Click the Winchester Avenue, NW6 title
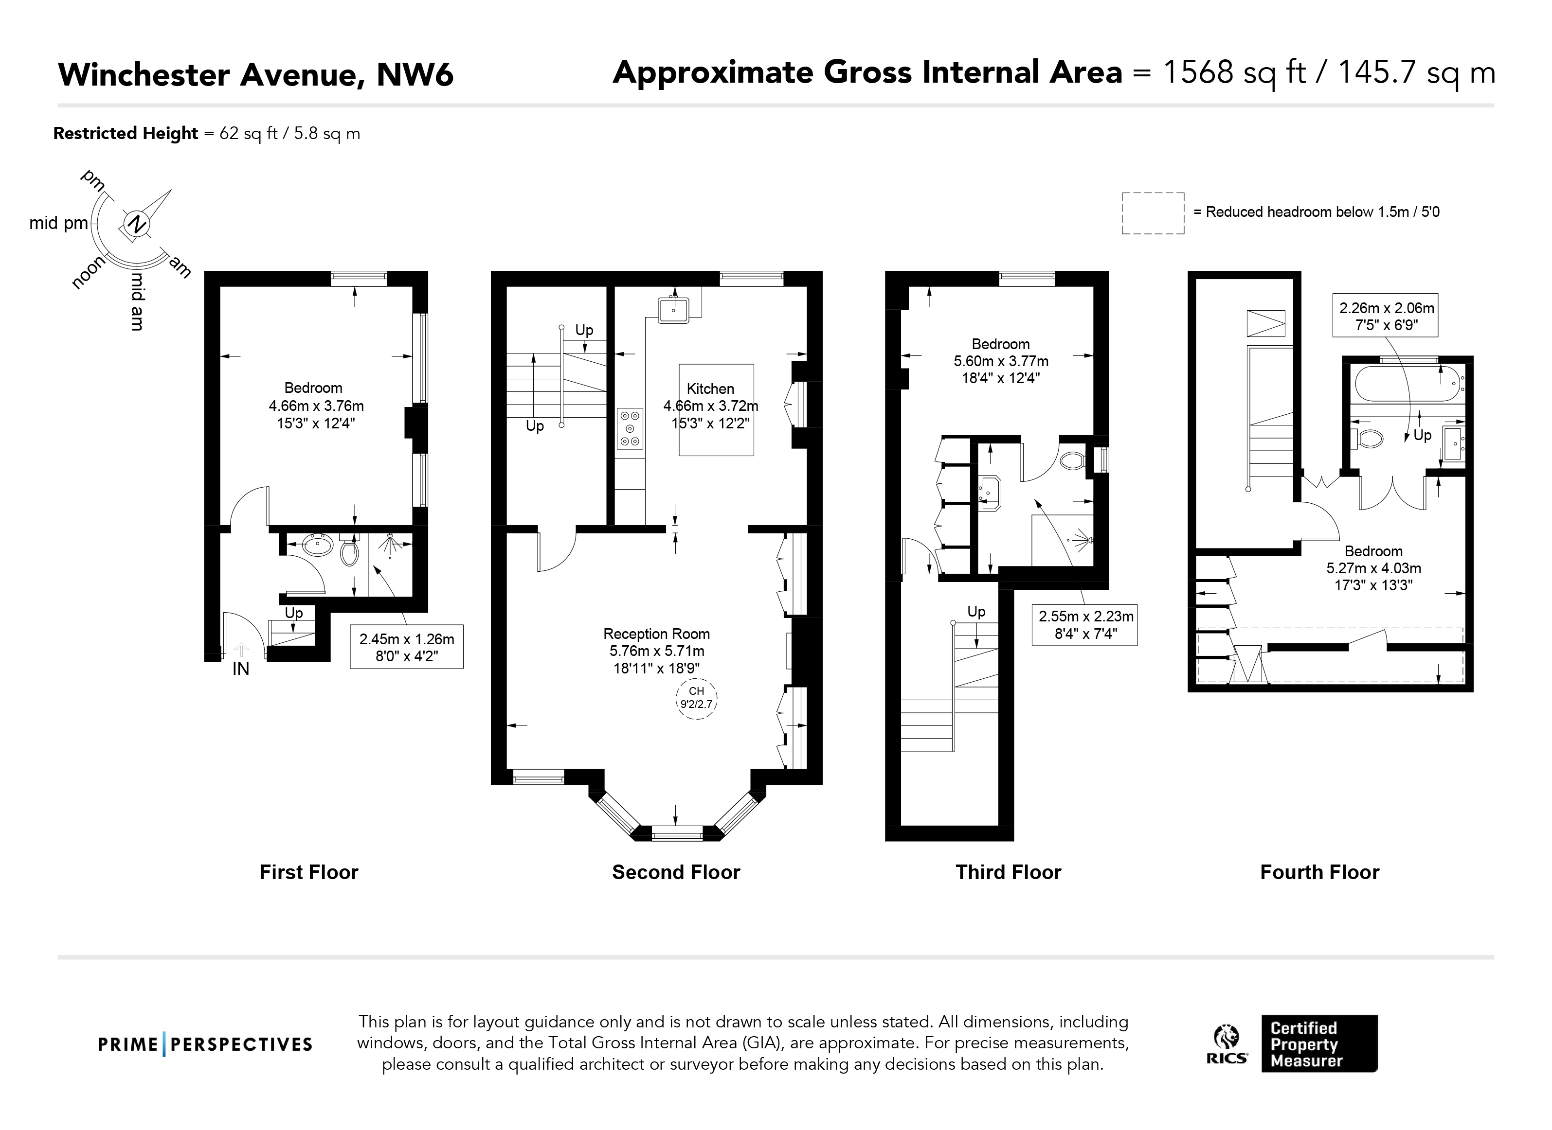pos(256,74)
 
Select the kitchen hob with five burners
pos(630,428)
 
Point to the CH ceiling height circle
pos(697,698)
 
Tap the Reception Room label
pos(656,634)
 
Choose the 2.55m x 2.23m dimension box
pos(1084,624)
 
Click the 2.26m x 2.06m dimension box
pos(1386,316)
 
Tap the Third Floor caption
pos(1008,872)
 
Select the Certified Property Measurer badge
pos(1319,1043)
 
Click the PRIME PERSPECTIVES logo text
pos(205,1044)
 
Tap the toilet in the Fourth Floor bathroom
pos(1366,438)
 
